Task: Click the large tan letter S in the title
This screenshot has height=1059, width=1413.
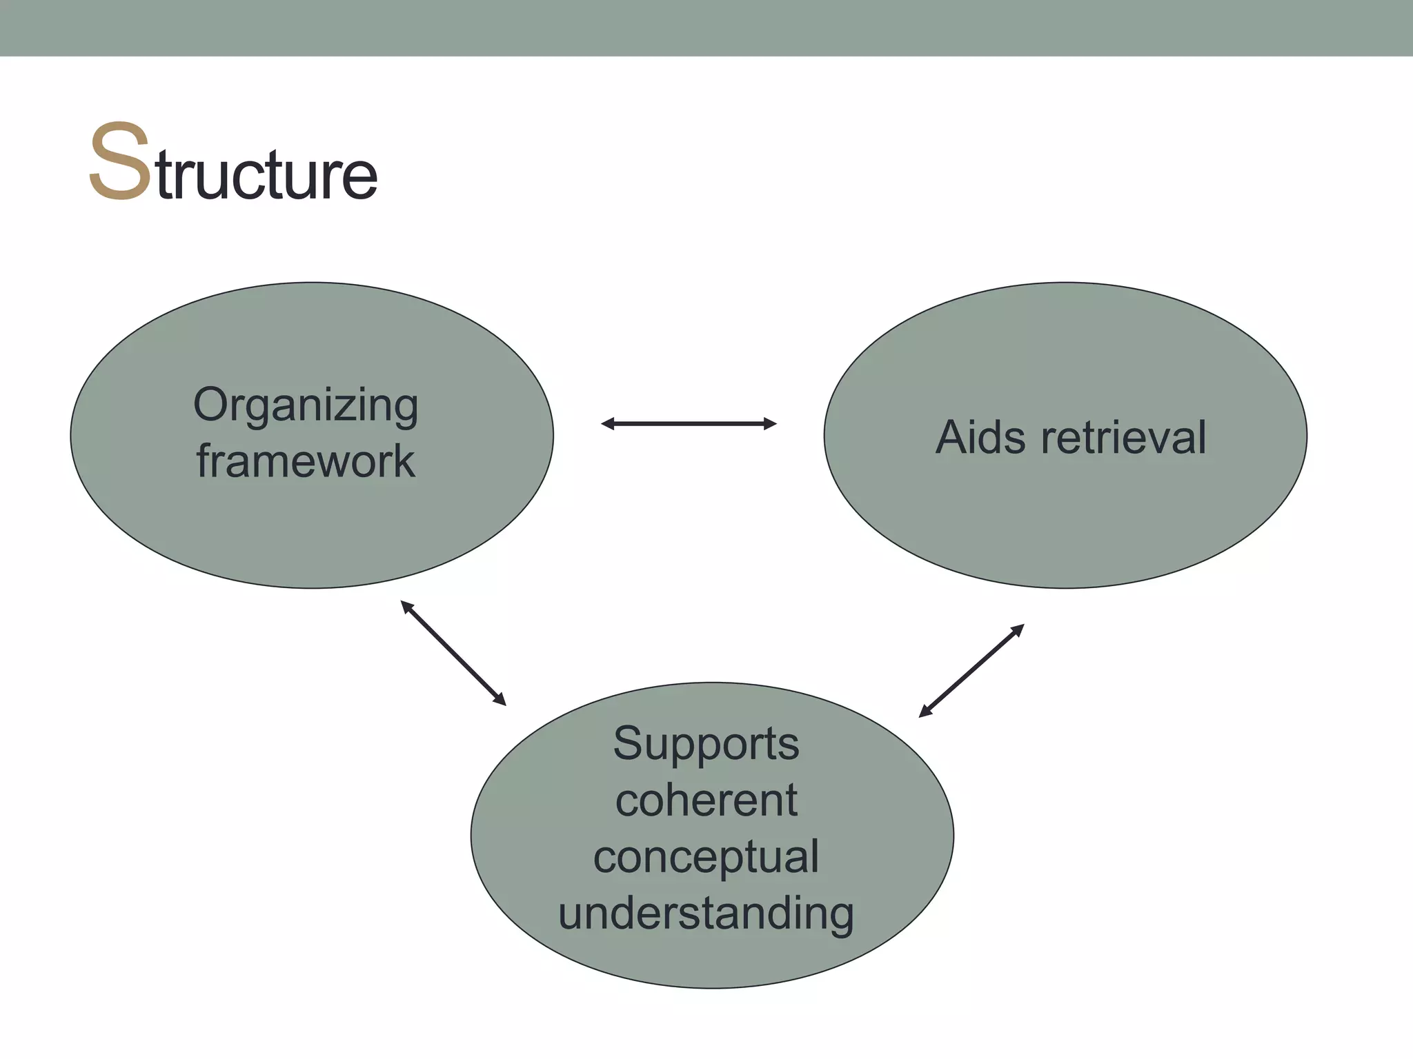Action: (x=119, y=162)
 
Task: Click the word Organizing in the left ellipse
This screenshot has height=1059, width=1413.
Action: (x=306, y=405)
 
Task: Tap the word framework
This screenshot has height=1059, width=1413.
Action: (x=306, y=461)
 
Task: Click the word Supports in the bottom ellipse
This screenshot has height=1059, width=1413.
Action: (x=706, y=744)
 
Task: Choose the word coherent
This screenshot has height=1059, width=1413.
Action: (x=706, y=800)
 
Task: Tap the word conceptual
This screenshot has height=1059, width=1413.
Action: (x=706, y=857)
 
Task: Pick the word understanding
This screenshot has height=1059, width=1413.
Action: (x=706, y=914)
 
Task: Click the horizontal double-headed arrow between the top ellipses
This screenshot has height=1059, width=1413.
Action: (x=689, y=424)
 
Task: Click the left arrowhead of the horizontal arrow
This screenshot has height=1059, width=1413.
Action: (x=608, y=424)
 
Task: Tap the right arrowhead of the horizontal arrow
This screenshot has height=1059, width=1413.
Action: (x=770, y=424)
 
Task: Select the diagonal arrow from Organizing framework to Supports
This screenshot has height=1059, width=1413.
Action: (x=453, y=653)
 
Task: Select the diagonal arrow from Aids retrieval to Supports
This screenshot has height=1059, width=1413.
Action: (x=971, y=671)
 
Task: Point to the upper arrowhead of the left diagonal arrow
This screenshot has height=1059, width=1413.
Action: (x=407, y=607)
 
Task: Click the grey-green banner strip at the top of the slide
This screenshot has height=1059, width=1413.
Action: (x=706, y=28)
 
